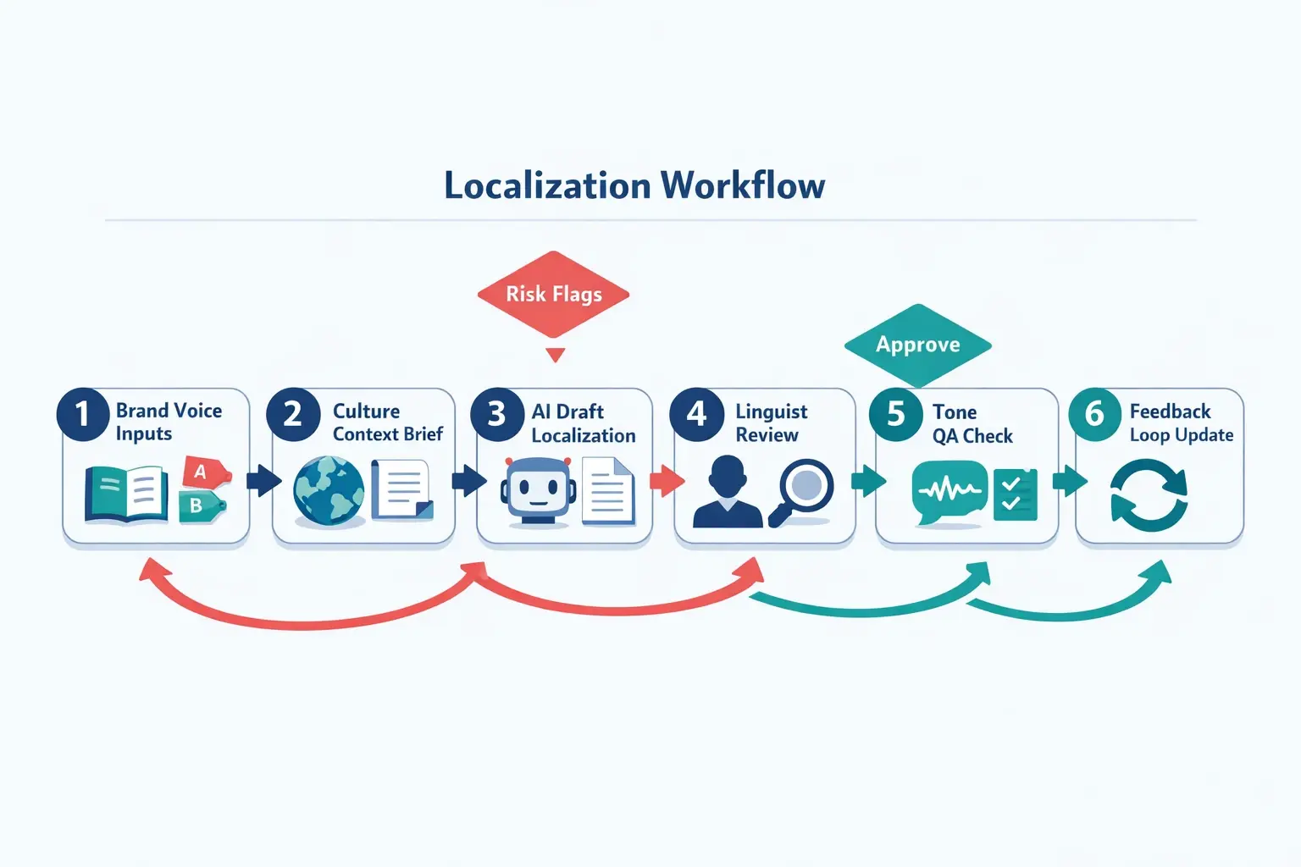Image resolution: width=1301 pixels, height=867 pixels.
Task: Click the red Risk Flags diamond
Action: (553, 294)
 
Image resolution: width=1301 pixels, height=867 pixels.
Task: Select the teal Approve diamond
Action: (918, 345)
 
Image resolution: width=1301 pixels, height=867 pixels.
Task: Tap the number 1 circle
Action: (82, 414)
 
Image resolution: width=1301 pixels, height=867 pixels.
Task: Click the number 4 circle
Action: (696, 414)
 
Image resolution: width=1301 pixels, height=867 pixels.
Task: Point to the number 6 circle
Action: (1094, 414)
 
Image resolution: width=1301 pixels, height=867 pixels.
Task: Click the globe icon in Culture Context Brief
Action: (329, 491)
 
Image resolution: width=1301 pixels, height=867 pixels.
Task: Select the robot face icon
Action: (538, 491)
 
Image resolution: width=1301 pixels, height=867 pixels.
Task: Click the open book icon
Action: (125, 494)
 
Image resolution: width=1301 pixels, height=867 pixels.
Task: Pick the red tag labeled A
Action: (203, 472)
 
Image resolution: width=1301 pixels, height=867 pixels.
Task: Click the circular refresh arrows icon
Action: (1149, 495)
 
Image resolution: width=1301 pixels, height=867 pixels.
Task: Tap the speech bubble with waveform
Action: (949, 492)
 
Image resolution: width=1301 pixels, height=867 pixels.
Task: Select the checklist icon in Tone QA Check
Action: (1015, 494)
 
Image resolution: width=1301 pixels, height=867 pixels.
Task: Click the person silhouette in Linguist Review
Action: (728, 494)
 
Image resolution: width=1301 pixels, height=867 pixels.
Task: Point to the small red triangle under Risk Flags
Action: (556, 355)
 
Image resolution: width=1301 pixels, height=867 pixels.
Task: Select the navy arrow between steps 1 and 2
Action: (263, 480)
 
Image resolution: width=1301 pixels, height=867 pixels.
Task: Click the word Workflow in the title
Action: (743, 185)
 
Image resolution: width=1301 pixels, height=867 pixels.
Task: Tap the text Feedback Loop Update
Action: (1181, 422)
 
